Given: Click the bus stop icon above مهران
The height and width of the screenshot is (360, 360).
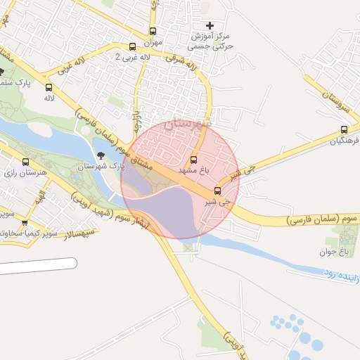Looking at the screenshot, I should point(153,32).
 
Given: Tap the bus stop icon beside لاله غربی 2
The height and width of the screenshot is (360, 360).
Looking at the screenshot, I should point(133,47).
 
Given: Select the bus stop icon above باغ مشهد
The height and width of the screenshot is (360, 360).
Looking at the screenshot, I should point(194,160).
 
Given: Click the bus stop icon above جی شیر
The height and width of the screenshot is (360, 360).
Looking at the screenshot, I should point(217,191).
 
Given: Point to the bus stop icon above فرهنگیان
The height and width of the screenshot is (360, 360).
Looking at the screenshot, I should point(344,129).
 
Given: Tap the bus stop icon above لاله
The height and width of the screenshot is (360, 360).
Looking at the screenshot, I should point(49,88).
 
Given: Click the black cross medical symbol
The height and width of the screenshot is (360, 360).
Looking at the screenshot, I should point(209,25).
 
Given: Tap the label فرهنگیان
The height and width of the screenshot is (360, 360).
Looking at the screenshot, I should point(343,140).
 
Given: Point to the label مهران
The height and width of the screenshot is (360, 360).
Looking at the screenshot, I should point(153,42).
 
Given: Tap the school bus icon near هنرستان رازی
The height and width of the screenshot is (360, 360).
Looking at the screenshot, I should point(26,182).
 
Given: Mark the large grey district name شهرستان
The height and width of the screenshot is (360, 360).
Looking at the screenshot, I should point(186,124).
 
